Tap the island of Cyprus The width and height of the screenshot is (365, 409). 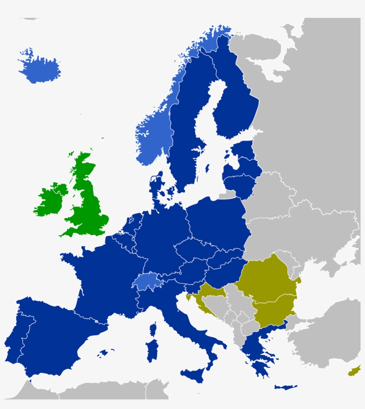click(354, 371)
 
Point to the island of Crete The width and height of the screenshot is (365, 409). click(285, 387)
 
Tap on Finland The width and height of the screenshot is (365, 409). click(236, 103)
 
